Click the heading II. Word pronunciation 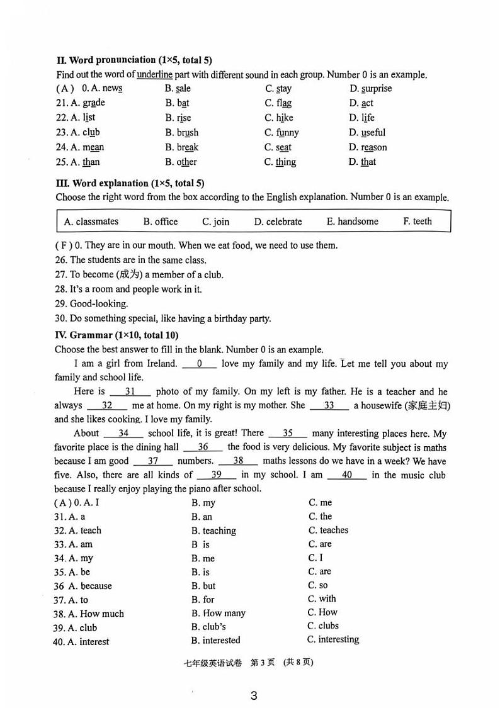tap(134, 60)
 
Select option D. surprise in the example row tap(370, 89)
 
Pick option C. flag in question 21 tap(278, 103)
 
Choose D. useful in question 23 tap(367, 133)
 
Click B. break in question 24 tap(182, 147)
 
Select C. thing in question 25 tap(280, 162)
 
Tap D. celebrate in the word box tap(278, 222)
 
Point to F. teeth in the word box tap(418, 221)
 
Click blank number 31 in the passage tap(130, 391)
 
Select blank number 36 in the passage tap(203, 447)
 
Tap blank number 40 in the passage tap(346, 475)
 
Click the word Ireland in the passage tap(161, 364)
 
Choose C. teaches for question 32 tap(328, 531)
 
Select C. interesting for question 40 tap(333, 639)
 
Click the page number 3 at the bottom tap(254, 695)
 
